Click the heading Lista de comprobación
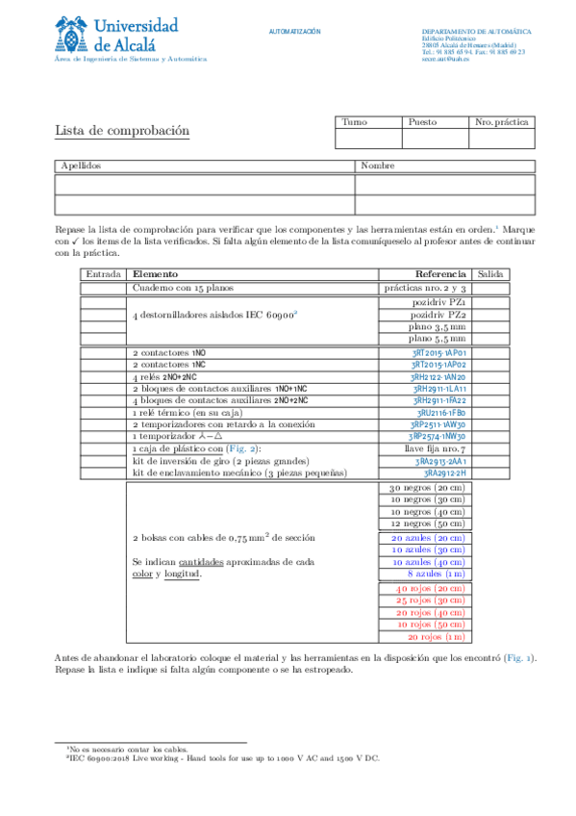[121, 131]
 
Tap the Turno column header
[355, 122]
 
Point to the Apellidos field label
[81, 166]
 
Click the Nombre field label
[378, 166]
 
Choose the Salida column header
[490, 274]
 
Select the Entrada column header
[103, 274]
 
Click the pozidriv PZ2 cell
[438, 315]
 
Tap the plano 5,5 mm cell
[438, 339]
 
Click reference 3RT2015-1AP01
[438, 353]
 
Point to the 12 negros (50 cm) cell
[427, 523]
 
